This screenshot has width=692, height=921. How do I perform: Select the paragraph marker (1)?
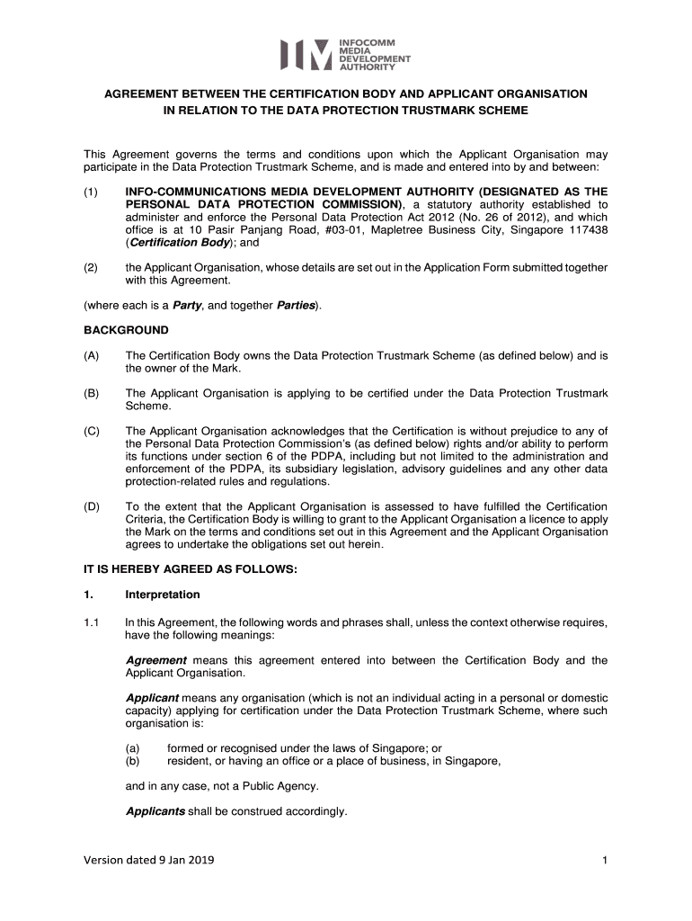(x=92, y=192)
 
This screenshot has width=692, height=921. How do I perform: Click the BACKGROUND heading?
(x=126, y=330)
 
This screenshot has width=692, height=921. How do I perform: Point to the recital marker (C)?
(x=93, y=431)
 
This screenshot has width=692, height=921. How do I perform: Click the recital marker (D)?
(x=93, y=506)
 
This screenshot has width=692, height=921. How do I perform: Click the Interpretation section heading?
(x=163, y=595)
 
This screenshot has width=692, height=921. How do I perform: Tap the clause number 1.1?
(x=92, y=621)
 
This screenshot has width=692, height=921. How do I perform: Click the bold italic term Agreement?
(x=155, y=660)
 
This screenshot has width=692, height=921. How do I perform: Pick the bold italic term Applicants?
(x=155, y=811)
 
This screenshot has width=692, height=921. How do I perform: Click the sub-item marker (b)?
(x=133, y=760)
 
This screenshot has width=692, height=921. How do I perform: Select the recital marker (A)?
(x=93, y=355)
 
